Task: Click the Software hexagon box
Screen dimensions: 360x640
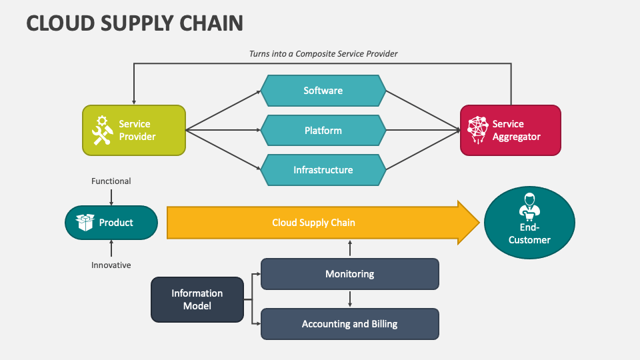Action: (x=323, y=91)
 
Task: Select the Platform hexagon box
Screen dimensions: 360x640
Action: (x=323, y=131)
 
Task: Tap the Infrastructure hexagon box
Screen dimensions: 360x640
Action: (x=323, y=170)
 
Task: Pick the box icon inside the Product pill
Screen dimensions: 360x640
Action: (x=85, y=223)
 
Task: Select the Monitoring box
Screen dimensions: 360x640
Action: (x=349, y=274)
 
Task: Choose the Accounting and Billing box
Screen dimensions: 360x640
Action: (x=349, y=324)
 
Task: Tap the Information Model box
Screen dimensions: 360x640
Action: (x=197, y=299)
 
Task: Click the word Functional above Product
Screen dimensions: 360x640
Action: (x=111, y=181)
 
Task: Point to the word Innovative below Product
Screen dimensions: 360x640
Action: (x=111, y=265)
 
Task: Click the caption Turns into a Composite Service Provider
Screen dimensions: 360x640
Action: (x=323, y=53)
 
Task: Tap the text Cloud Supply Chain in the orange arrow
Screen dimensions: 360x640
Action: (x=313, y=223)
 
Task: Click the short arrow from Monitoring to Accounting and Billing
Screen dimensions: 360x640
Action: (x=350, y=299)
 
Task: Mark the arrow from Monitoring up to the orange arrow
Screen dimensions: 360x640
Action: (x=350, y=248)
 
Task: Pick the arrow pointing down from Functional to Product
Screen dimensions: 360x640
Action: (x=111, y=197)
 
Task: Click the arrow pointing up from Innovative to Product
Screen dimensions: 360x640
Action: (x=111, y=248)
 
